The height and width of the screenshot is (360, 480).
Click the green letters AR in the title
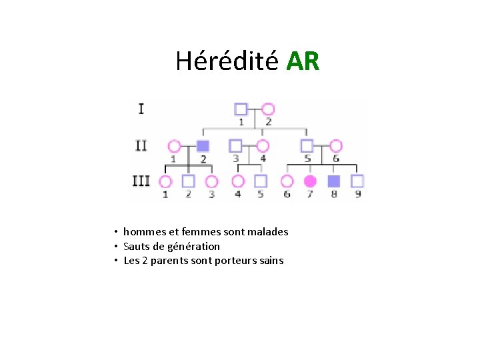coord(303,61)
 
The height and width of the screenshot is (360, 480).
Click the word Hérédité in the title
coord(227,61)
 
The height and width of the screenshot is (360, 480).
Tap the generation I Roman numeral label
coord(141,108)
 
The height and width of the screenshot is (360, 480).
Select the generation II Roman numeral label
coord(141,145)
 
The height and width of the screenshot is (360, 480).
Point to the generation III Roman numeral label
coord(141,181)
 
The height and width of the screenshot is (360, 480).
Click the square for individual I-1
coord(241,109)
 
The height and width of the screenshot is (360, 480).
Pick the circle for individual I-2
coord(268,109)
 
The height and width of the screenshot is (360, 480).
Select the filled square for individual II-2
coord(203,146)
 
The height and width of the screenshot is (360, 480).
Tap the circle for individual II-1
coord(174,146)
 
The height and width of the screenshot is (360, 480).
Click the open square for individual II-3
coord(235,145)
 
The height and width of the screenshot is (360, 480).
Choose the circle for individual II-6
coord(335,146)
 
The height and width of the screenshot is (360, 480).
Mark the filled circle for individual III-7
coord(309,181)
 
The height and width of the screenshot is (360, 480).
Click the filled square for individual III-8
coord(334,181)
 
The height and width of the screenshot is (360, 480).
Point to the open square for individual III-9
coord(357,181)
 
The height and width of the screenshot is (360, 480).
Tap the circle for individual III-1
coord(165,181)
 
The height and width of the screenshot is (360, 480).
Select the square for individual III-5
coord(261,181)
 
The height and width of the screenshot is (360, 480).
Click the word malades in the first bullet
coord(267,232)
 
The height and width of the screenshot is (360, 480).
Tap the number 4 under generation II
coord(263,159)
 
